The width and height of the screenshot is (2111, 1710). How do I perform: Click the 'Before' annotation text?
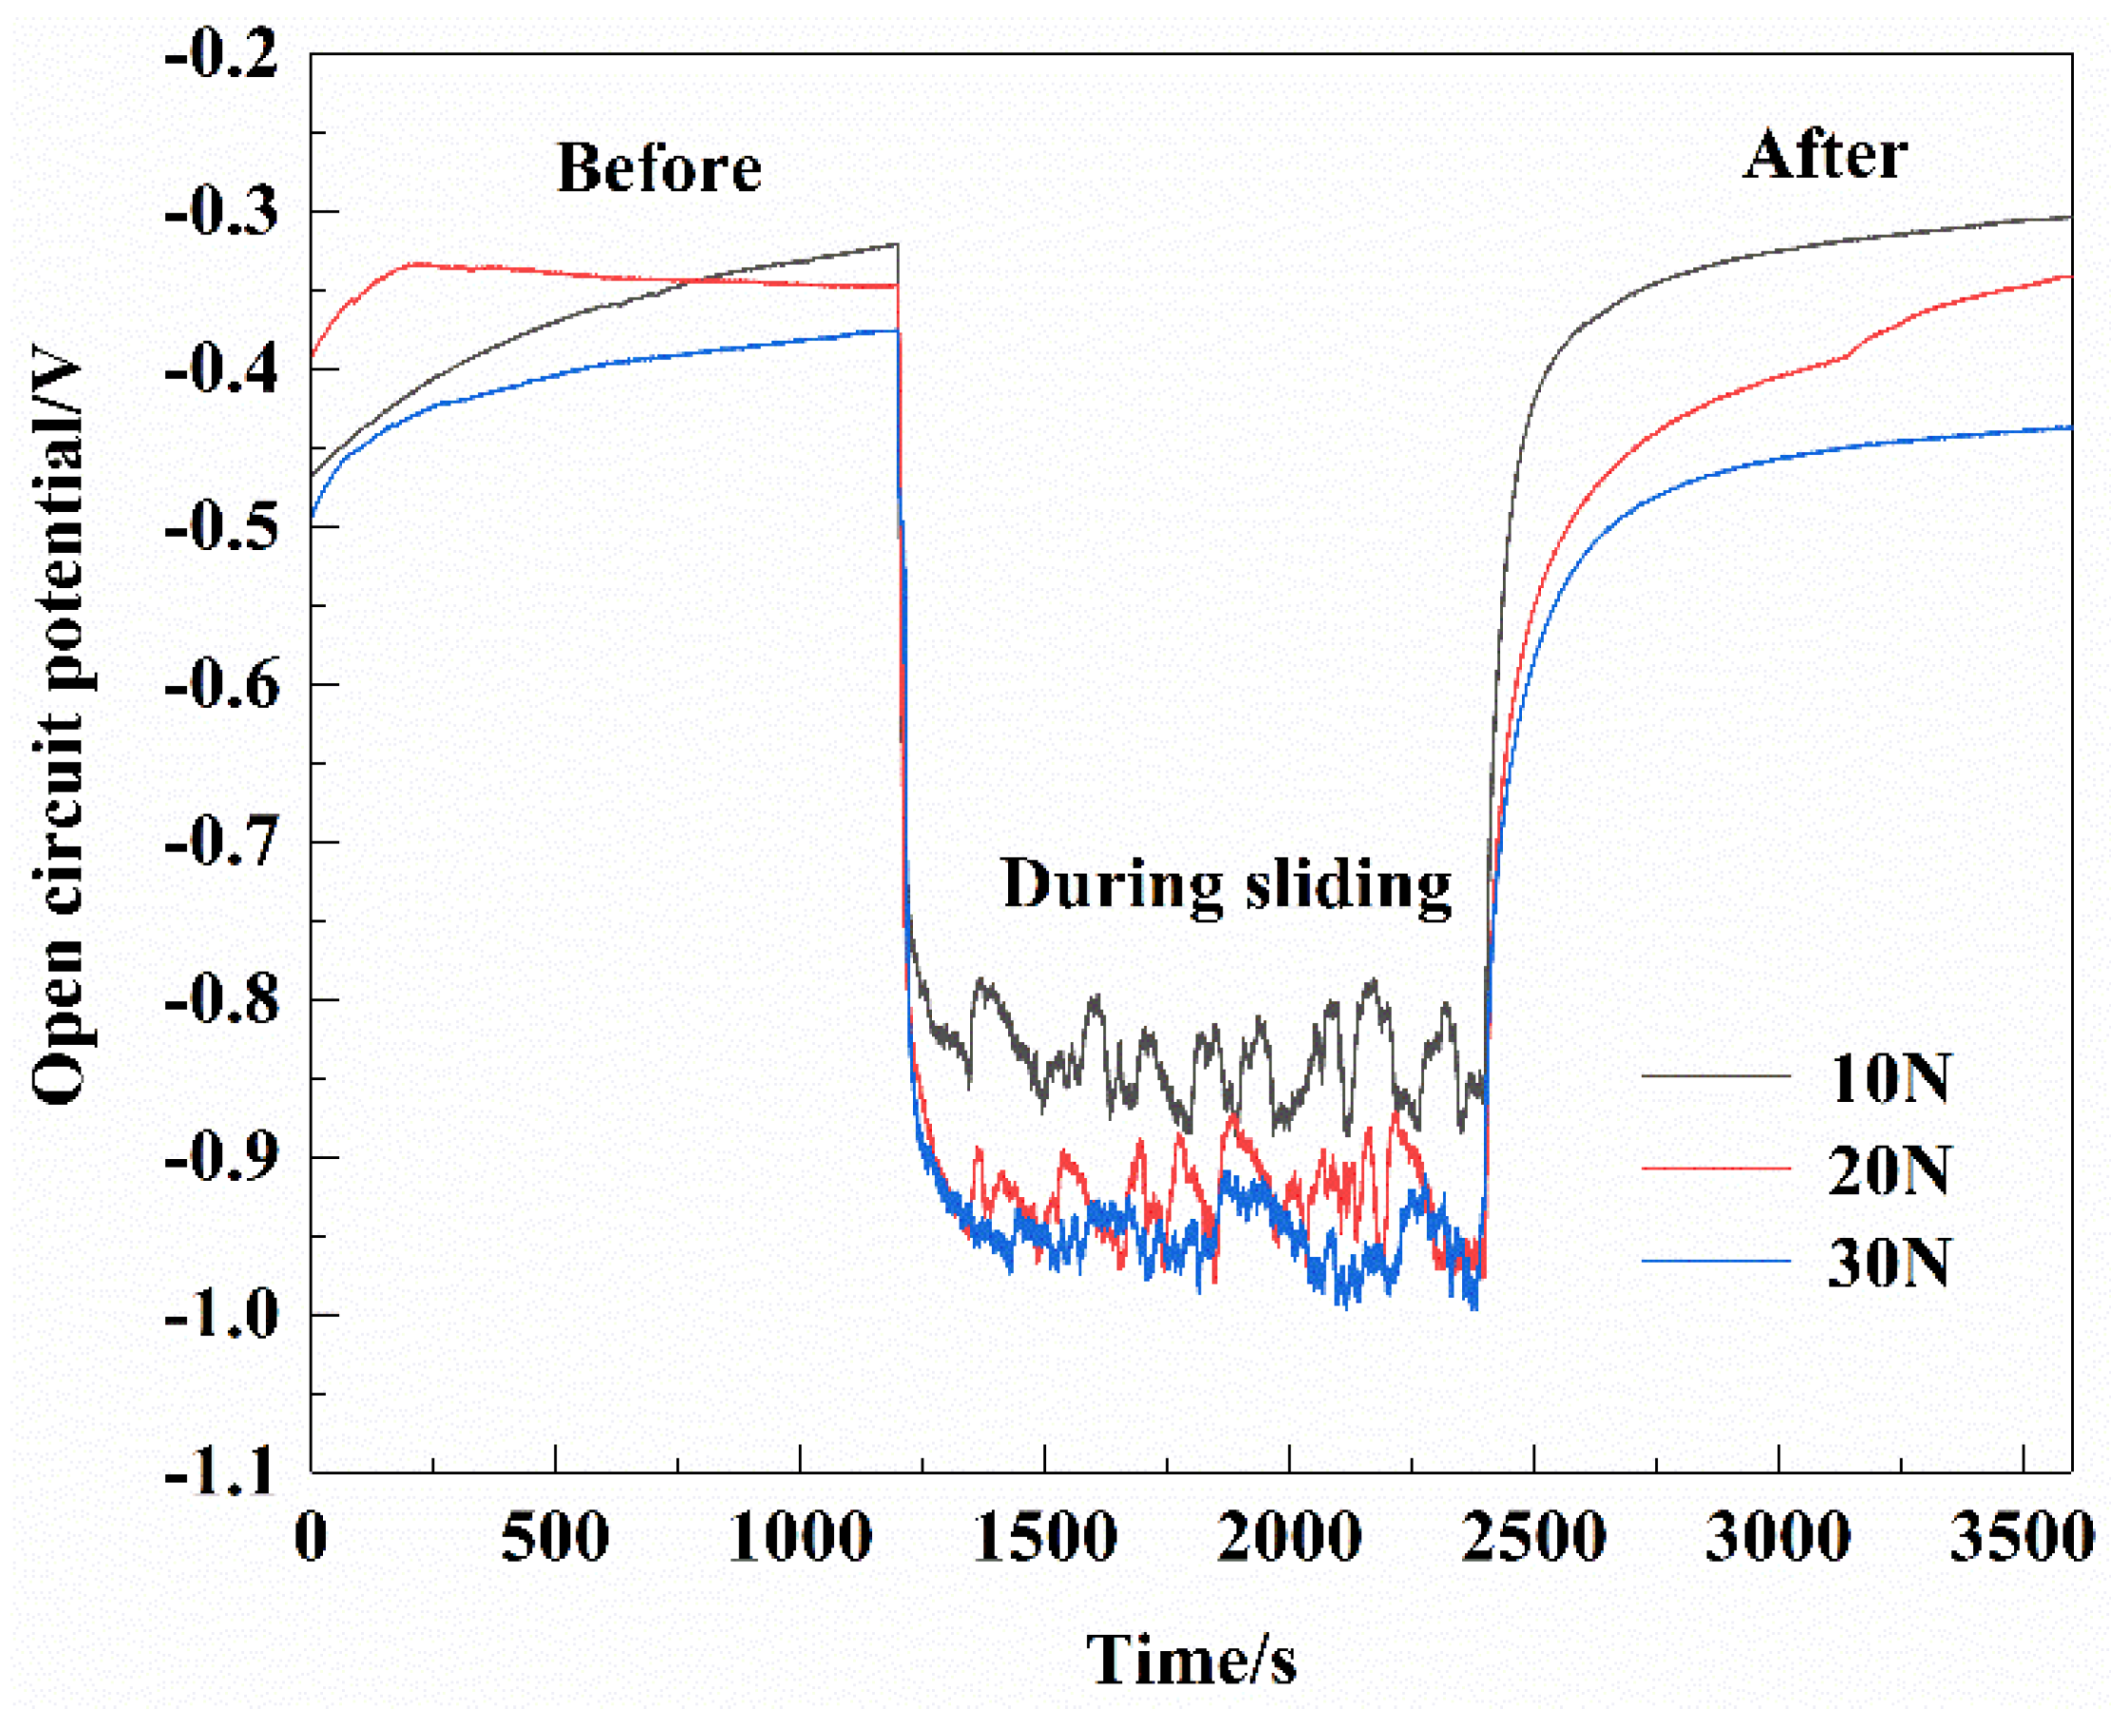[x=659, y=167]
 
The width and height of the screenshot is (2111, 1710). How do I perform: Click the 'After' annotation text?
[x=1825, y=156]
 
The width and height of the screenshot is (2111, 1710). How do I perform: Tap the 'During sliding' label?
[x=1227, y=883]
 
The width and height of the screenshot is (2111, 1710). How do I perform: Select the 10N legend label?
[x=1889, y=1078]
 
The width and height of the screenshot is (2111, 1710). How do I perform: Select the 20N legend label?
[x=1889, y=1170]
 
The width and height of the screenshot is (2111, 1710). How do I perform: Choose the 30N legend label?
[x=1889, y=1263]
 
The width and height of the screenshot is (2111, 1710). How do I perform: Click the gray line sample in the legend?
[x=1715, y=1076]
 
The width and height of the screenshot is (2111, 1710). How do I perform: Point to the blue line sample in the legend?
[x=1715, y=1261]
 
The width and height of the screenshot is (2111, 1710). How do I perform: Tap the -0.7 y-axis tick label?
[x=221, y=844]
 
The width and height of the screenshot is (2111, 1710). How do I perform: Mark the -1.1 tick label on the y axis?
[x=221, y=1474]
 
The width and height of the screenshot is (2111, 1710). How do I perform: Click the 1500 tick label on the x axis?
[x=1044, y=1537]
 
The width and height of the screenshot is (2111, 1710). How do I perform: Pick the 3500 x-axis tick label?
[x=2021, y=1537]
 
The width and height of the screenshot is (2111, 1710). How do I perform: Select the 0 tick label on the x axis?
[x=312, y=1537]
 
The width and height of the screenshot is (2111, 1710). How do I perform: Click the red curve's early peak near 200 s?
[x=419, y=263]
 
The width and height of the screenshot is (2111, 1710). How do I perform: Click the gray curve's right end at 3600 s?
[x=2069, y=217]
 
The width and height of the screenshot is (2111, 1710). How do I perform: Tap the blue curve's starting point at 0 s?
[x=313, y=514]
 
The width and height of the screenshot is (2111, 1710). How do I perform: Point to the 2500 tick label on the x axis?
[x=1532, y=1537]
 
